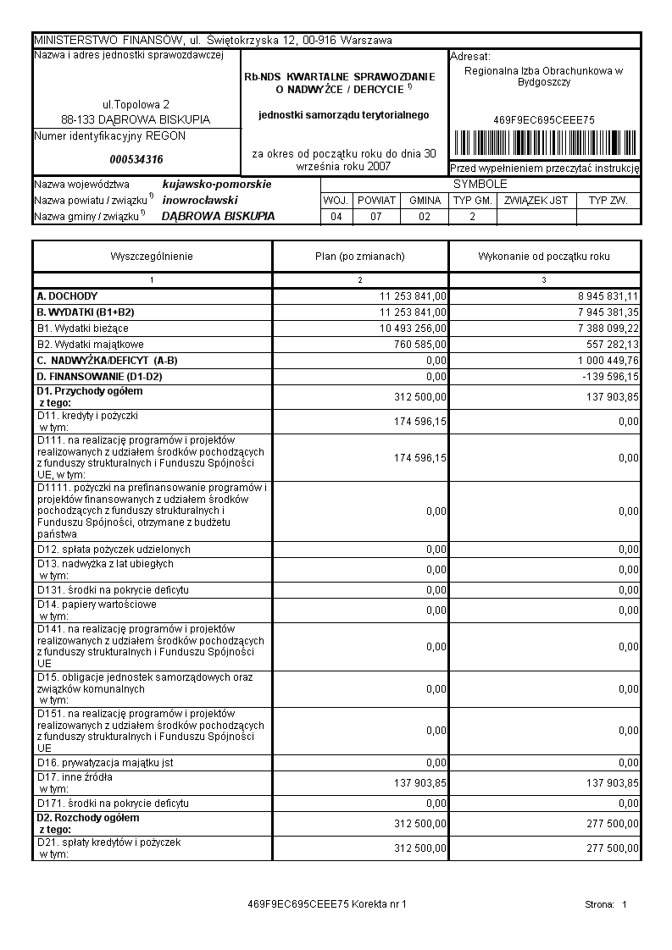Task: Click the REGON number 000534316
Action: (136, 159)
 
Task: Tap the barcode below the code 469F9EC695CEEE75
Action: (544, 141)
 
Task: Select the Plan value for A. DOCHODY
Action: (414, 296)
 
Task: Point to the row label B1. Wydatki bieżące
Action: (83, 328)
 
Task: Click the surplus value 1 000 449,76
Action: (604, 361)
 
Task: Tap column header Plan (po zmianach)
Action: (359, 257)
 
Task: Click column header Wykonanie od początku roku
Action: (544, 257)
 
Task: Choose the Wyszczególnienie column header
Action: (152, 257)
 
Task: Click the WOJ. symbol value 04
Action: (336, 217)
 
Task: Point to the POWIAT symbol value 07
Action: (376, 217)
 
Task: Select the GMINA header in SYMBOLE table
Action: (425, 201)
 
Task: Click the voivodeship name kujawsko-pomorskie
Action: (217, 184)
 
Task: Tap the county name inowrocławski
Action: (200, 200)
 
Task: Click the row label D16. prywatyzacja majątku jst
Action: (105, 763)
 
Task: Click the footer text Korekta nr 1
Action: (380, 904)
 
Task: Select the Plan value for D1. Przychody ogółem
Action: (421, 396)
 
